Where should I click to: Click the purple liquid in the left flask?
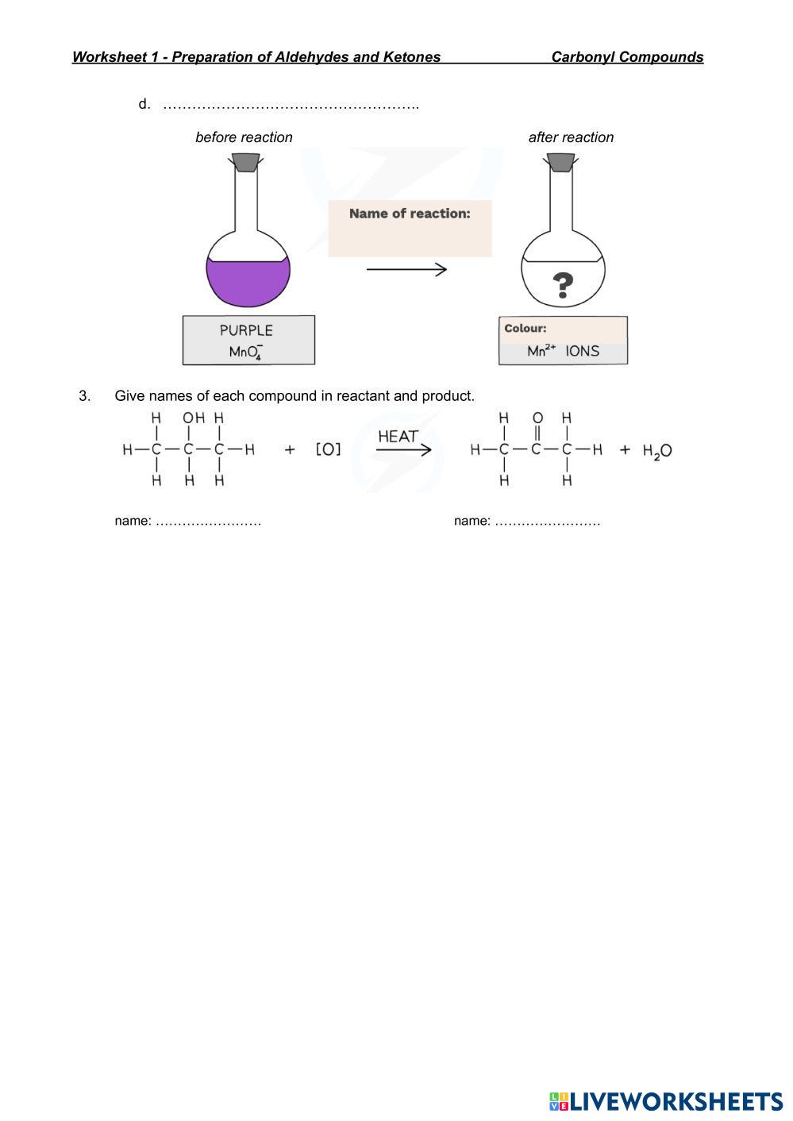[248, 282]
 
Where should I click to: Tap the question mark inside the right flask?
[563, 284]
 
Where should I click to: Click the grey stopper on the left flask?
[244, 162]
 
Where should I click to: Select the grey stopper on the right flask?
[561, 162]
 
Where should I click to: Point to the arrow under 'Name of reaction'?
[406, 270]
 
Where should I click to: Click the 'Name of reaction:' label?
[410, 214]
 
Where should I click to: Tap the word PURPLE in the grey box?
[246, 330]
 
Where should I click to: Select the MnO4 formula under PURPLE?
[246, 352]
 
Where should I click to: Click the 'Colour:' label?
[525, 328]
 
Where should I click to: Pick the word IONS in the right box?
[583, 351]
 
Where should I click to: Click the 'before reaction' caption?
[244, 137]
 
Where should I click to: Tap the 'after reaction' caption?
[571, 137]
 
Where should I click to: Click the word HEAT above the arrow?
[398, 437]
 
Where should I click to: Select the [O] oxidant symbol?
[329, 450]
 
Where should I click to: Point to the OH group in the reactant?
[194, 418]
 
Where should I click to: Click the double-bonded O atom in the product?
[537, 418]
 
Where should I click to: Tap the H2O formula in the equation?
[657, 451]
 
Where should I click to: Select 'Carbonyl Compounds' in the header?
[627, 57]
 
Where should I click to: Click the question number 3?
[85, 395]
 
